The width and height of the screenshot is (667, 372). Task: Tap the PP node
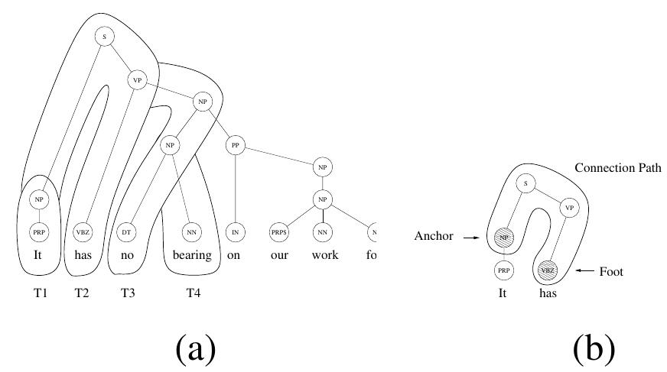235,144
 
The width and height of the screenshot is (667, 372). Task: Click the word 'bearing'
191,255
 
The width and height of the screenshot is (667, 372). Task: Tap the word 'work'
325,255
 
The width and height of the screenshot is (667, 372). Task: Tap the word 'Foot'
611,270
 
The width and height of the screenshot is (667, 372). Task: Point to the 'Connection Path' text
618,167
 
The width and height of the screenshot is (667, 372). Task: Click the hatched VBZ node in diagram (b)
547,269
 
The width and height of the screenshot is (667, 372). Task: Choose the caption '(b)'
594,348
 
